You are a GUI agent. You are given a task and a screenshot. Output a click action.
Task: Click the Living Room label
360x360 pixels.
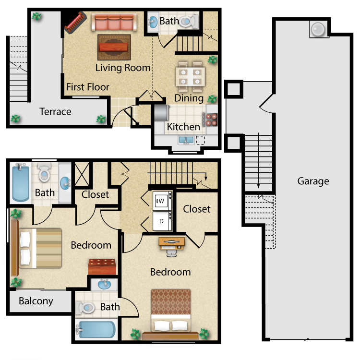(x=123, y=68)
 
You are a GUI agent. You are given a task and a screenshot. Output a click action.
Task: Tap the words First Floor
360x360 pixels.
(x=88, y=87)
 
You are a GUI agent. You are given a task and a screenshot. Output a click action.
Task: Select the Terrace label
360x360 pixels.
(x=55, y=111)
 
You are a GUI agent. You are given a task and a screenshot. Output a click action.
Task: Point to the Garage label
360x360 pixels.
(x=313, y=181)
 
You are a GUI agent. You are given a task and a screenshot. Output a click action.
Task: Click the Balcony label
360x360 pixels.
(x=36, y=301)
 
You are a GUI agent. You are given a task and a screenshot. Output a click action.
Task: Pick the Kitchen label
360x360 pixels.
(x=183, y=127)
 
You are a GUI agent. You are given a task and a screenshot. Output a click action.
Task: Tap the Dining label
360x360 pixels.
(x=189, y=98)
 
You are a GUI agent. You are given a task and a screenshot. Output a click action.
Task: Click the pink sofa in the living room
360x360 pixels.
(x=114, y=22)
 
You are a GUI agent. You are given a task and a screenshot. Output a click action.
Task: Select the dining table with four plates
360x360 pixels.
(x=191, y=76)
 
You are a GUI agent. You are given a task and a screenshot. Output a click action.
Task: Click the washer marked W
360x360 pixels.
(x=162, y=201)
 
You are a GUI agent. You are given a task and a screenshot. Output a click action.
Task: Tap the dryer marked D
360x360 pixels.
(x=162, y=221)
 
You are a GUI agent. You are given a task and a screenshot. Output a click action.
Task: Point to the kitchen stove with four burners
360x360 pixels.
(x=210, y=120)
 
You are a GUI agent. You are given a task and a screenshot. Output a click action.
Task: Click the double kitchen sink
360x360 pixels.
(x=186, y=140)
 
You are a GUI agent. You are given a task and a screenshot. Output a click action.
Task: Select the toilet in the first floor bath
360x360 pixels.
(x=189, y=22)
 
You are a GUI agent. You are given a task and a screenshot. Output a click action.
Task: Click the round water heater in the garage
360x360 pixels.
(x=318, y=30)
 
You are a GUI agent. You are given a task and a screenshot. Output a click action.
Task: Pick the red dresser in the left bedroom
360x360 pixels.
(x=102, y=267)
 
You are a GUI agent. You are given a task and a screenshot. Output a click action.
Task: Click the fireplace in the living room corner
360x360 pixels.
(x=75, y=22)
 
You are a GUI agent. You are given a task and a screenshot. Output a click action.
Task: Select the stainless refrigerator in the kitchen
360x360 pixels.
(x=162, y=113)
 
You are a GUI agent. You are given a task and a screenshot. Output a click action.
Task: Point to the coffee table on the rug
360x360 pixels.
(x=113, y=48)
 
